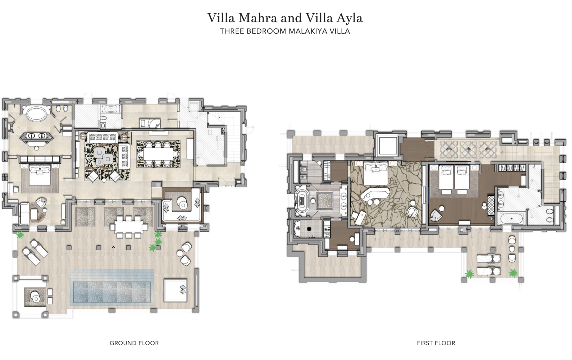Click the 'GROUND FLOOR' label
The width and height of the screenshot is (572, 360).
(134, 343)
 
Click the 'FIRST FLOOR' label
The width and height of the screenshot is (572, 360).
(436, 343)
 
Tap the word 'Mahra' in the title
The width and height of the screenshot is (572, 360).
(257, 18)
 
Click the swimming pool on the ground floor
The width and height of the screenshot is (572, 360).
(112, 292)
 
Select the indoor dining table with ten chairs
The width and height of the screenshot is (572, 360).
(158, 154)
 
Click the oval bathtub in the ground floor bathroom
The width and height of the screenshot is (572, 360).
(36, 113)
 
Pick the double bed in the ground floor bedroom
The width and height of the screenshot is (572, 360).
(40, 174)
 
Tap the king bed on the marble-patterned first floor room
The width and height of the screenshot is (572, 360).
(376, 174)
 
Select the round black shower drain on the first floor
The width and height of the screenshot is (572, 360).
(309, 229)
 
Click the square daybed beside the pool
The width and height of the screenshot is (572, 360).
(175, 290)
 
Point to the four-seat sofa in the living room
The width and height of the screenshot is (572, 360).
(102, 137)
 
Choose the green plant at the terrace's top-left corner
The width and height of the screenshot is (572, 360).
(20, 235)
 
